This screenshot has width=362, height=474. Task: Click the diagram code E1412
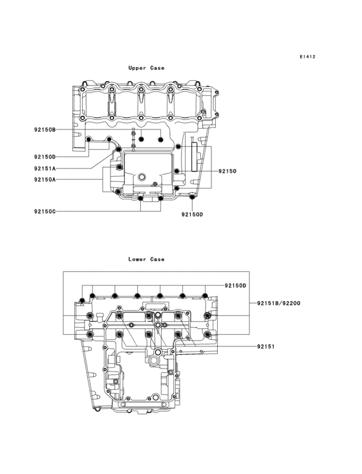pyautogui.click(x=307, y=57)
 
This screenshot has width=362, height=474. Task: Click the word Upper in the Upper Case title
pyautogui.click(x=137, y=68)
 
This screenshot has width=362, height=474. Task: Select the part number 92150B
pyautogui.click(x=45, y=130)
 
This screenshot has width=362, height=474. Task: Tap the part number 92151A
pyautogui.click(x=45, y=168)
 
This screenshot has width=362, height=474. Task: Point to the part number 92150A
pyautogui.click(x=45, y=179)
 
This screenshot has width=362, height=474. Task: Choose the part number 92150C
pyautogui.click(x=45, y=211)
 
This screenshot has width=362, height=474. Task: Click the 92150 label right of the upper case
pyautogui.click(x=227, y=171)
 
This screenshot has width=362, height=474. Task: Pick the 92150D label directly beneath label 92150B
pyautogui.click(x=45, y=157)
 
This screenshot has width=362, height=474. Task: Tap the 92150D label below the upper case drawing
pyautogui.click(x=192, y=214)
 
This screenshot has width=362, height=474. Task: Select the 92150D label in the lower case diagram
pyautogui.click(x=236, y=286)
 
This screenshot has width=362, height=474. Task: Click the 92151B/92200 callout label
pyautogui.click(x=278, y=303)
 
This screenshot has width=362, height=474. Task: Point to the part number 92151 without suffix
pyautogui.click(x=266, y=346)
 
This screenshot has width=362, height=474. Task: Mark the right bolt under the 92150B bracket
pyautogui.click(x=160, y=140)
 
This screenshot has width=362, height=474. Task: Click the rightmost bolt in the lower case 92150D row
pyautogui.click(x=205, y=297)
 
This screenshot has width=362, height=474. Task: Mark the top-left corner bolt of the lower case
pyautogui.click(x=81, y=300)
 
